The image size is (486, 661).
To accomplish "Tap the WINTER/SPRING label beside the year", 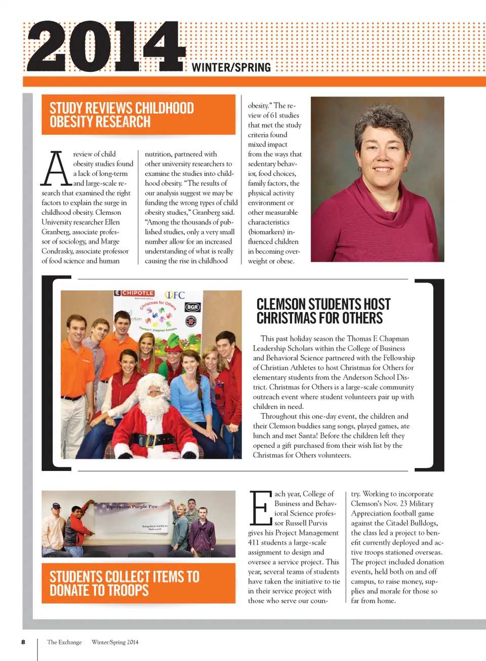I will [x=231, y=67].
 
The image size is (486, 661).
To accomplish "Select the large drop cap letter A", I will [x=56, y=169].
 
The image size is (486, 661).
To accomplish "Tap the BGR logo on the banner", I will [x=192, y=307].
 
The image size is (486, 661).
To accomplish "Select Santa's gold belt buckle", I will [x=150, y=440].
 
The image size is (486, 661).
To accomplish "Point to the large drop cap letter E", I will [x=261, y=508].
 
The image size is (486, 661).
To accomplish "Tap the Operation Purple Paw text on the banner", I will [x=132, y=507].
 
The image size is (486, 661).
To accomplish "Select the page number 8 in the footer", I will [x=23, y=642].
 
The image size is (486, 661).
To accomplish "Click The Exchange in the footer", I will [x=64, y=642].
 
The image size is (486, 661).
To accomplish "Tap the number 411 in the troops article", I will [x=253, y=542].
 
